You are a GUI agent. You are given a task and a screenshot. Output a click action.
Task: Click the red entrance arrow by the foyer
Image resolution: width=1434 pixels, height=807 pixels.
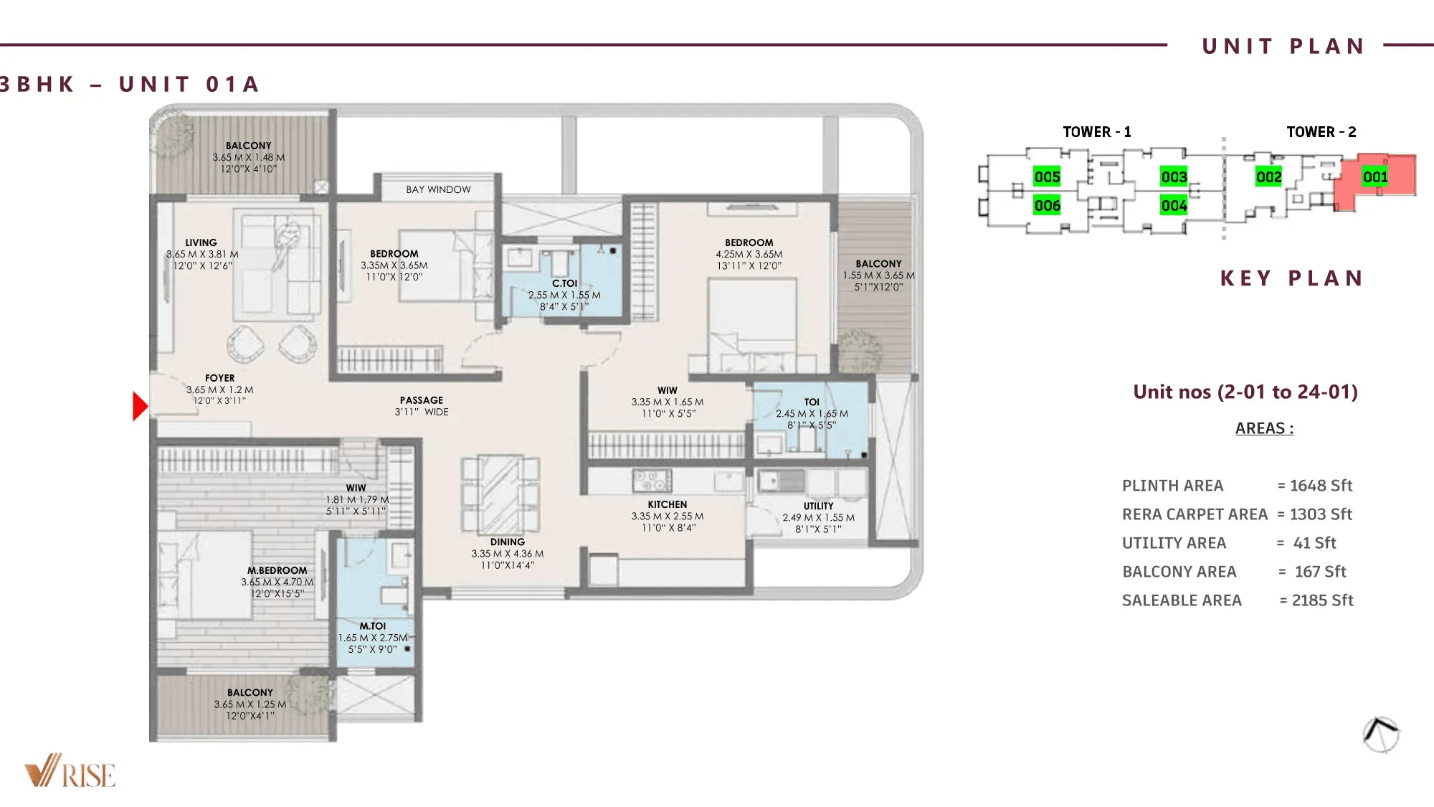[140, 406]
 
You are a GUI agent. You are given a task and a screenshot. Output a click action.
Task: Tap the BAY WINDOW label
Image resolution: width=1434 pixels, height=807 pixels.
[438, 189]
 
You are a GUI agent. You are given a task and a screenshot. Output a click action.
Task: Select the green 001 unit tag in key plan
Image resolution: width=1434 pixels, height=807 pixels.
[1375, 177]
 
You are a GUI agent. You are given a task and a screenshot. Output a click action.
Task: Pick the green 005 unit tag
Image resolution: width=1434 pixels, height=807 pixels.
[1047, 176]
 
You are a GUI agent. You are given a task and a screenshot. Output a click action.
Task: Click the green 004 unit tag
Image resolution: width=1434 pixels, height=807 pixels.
[1174, 206]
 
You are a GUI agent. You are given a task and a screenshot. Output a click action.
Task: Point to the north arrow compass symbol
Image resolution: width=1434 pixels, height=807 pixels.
[1381, 735]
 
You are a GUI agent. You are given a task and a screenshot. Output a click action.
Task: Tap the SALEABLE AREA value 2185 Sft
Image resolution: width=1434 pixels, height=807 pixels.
[1322, 600]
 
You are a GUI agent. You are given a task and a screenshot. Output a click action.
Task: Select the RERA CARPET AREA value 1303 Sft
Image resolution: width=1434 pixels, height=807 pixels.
[1321, 514]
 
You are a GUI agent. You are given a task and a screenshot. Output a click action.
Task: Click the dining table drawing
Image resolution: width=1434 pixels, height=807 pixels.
[500, 494]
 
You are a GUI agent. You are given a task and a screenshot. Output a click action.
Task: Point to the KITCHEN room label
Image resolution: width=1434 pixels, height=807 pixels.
[667, 504]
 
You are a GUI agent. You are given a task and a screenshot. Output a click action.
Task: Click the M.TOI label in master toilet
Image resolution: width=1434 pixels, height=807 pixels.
[372, 626]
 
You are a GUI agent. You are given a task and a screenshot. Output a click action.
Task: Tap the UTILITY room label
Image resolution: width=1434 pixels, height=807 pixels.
[818, 506]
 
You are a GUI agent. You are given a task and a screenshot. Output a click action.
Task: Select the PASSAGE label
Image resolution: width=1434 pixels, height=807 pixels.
[422, 400]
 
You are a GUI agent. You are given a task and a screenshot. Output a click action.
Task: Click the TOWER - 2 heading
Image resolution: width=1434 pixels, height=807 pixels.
[1321, 132]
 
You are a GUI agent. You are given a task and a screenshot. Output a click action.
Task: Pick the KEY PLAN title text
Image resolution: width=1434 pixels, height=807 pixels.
[1291, 278]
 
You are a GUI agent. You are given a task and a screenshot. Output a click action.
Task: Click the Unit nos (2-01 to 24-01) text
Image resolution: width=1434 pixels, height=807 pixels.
[1245, 392]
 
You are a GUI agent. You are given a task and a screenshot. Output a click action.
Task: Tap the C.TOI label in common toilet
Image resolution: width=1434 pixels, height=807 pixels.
[564, 283]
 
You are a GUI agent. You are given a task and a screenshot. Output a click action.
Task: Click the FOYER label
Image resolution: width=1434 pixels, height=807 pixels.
[219, 378]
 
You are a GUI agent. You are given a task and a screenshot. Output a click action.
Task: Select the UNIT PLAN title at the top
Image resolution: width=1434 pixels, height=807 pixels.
[1283, 47]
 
